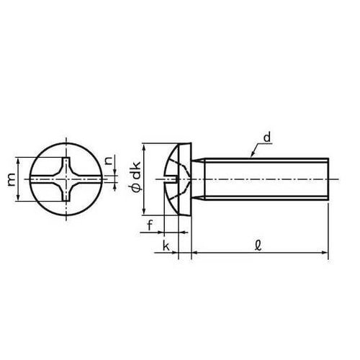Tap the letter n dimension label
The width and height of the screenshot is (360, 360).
[x=109, y=161]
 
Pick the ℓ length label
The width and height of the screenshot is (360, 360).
[x=258, y=245]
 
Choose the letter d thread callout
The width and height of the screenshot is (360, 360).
[x=267, y=137]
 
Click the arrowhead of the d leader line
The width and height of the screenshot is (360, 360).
[x=251, y=156]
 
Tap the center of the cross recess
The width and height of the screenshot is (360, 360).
[x=69, y=179]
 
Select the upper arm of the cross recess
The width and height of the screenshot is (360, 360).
[x=69, y=161]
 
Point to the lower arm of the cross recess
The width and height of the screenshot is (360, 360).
[x=69, y=197]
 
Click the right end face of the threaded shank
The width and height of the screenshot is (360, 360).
[x=328, y=178]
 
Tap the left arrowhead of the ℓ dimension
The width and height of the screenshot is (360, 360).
[x=194, y=253]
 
